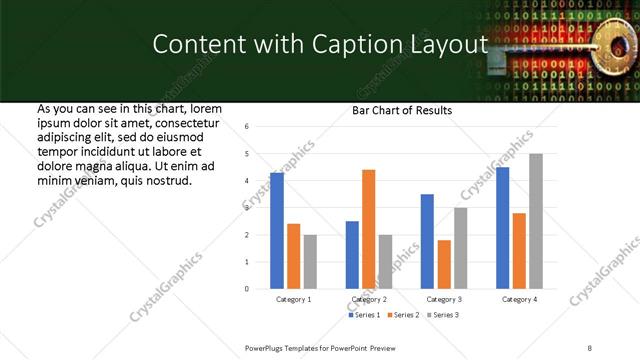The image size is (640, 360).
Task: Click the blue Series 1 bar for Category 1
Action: pyautogui.click(x=277, y=231)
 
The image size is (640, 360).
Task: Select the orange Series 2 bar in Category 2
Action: pyautogui.click(x=368, y=229)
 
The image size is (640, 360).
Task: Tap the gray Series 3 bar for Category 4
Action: pyautogui.click(x=536, y=221)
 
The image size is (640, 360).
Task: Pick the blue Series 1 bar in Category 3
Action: pyautogui.click(x=427, y=241)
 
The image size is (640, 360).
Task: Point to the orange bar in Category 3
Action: pyautogui.click(x=444, y=264)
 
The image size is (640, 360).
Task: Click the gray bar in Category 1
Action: pyautogui.click(x=310, y=262)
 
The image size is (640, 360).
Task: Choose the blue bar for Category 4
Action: pyautogui.click(x=503, y=228)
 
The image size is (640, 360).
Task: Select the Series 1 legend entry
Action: pyautogui.click(x=362, y=315)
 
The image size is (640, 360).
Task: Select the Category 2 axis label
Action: pyautogui.click(x=369, y=299)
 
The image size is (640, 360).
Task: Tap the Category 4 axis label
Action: pyautogui.click(x=519, y=299)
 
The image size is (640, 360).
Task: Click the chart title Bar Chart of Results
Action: pyautogui.click(x=401, y=110)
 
